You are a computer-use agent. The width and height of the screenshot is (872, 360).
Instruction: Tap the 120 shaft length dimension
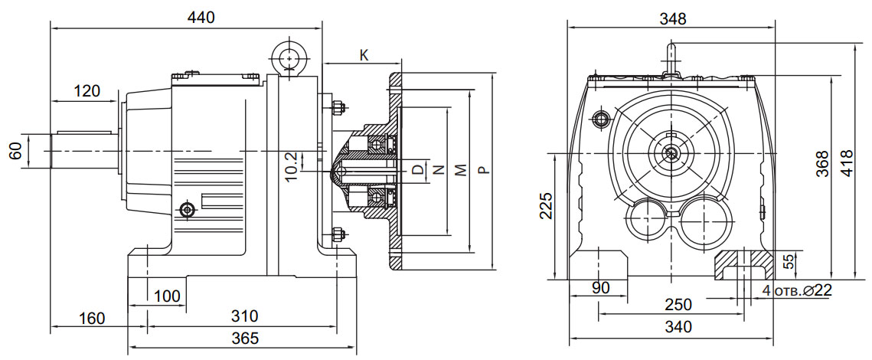point(87,91)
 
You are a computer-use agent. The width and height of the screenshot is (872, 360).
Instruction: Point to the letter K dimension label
point(364,55)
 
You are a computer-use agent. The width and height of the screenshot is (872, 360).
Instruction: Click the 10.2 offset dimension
point(289,166)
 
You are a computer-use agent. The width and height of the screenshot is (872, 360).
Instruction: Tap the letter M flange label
point(460,169)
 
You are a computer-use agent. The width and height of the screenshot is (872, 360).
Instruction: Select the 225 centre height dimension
point(545,205)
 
